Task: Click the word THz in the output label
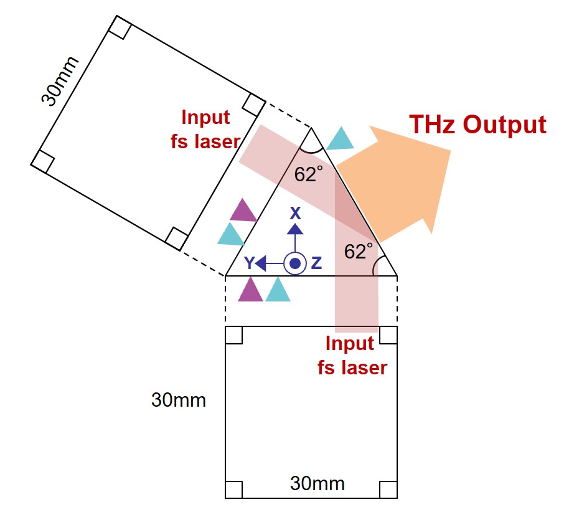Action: (433, 125)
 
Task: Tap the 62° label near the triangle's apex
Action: (308, 174)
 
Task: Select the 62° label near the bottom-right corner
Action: (358, 251)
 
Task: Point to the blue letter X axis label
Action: (295, 214)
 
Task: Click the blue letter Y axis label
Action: (249, 263)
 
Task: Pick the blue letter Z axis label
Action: (316, 263)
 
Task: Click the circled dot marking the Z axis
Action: (295, 263)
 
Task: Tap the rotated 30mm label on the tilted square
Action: (60, 82)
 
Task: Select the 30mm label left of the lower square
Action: (179, 400)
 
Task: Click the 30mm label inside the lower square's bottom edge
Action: (317, 484)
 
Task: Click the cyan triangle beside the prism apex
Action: (340, 138)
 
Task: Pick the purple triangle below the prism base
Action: (250, 290)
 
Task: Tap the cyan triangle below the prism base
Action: (278, 290)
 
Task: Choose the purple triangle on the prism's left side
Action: (243, 211)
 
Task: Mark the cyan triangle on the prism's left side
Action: (231, 234)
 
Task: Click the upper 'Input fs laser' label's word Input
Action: (205, 118)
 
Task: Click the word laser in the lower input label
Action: (364, 367)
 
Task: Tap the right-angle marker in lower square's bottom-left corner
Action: (233, 490)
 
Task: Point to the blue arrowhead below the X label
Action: (295, 229)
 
